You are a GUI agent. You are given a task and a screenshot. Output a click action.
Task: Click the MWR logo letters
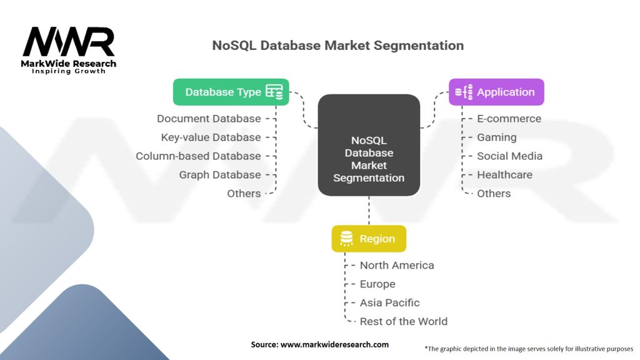69,42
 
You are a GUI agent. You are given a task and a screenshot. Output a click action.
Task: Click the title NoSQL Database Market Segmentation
337,46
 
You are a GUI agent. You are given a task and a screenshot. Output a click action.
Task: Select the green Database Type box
231,92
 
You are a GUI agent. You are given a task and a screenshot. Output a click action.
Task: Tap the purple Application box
496,92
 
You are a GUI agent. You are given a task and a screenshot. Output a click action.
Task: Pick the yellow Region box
369,239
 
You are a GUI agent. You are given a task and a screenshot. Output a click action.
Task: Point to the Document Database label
209,119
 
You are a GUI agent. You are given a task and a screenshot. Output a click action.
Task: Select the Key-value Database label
211,137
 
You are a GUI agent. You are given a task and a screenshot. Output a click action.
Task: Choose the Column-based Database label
198,156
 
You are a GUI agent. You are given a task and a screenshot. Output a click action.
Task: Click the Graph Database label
219,175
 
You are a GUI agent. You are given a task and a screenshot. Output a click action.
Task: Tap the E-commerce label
509,119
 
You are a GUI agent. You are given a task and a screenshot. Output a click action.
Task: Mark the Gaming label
496,137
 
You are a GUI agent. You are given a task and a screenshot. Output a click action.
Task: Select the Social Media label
509,156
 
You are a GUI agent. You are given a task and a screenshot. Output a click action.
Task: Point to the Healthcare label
504,175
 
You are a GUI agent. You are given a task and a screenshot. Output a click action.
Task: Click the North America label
396,266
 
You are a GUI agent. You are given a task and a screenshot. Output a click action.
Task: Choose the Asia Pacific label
389,303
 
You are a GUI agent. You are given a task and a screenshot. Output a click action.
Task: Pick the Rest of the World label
403,322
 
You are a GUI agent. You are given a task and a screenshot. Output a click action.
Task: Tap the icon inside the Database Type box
274,92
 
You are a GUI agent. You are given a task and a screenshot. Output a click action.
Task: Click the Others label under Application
494,194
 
